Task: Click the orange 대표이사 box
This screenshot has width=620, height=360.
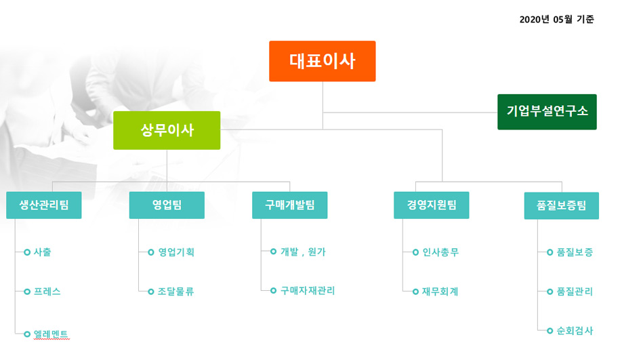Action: click(323, 61)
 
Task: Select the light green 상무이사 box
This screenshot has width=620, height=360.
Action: click(167, 130)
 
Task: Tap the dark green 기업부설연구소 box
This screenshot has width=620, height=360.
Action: click(547, 112)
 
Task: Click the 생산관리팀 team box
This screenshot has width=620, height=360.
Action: click(44, 205)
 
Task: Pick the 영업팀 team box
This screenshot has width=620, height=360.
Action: click(167, 205)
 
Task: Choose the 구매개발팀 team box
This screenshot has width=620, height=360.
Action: click(290, 205)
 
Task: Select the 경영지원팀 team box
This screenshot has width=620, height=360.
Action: click(432, 205)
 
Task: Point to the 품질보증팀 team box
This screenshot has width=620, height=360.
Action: click(562, 205)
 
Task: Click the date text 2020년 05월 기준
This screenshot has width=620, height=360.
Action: click(556, 19)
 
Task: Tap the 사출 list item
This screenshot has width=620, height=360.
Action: click(42, 252)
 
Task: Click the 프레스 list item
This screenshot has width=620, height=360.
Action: click(47, 292)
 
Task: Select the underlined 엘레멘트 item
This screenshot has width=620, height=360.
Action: click(51, 334)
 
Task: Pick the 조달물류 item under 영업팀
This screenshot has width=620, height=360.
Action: click(176, 292)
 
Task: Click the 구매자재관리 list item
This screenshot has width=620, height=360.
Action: click(308, 291)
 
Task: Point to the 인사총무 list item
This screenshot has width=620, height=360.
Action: click(440, 252)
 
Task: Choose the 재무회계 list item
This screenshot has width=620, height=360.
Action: click(440, 292)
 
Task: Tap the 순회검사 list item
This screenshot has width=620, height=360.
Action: click(575, 331)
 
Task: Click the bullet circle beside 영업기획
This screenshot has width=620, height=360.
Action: click(150, 252)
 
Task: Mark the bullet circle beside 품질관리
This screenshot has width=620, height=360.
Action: click(550, 292)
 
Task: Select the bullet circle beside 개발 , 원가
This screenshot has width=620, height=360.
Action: click(273, 252)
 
